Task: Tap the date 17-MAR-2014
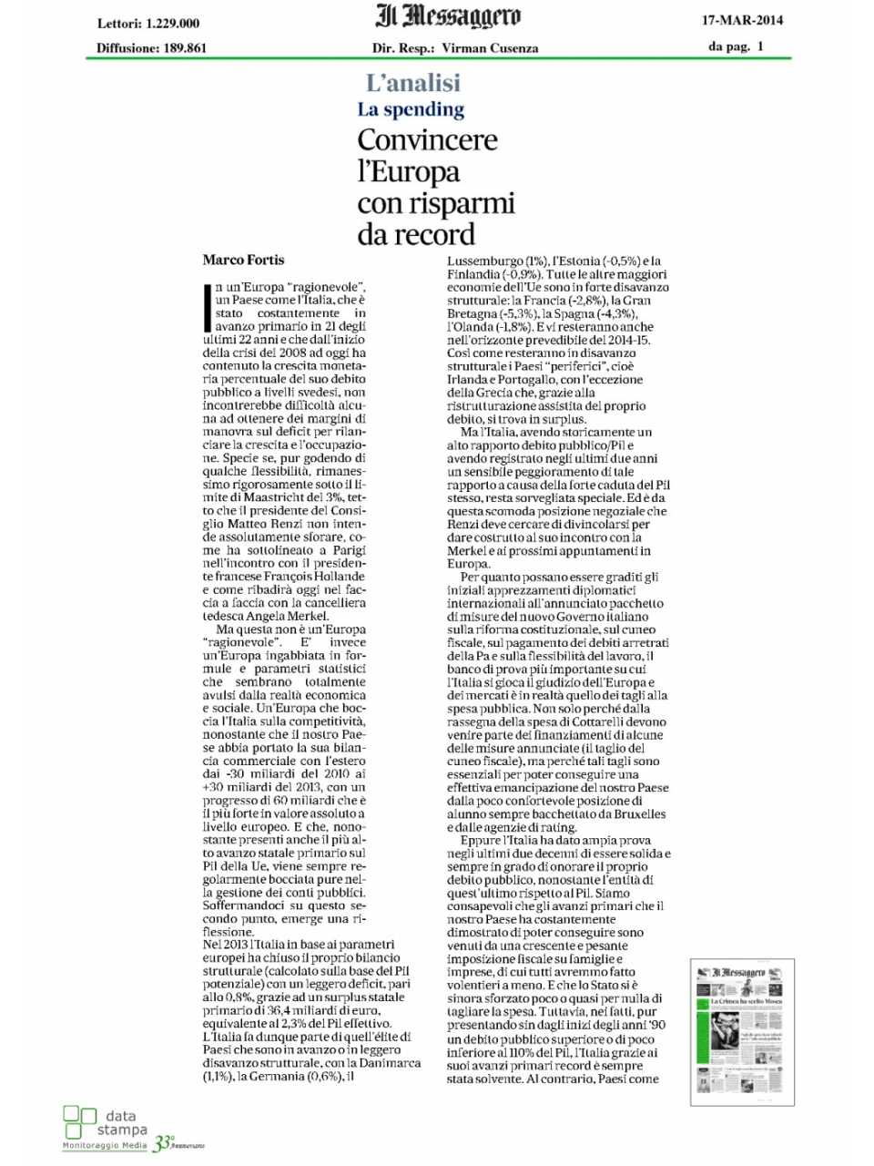point(742,20)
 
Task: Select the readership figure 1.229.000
point(172,24)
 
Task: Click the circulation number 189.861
point(185,48)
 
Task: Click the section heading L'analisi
point(412,83)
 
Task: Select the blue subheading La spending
point(411,109)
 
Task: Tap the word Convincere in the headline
point(427,140)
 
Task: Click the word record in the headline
point(437,234)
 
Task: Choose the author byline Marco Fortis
point(243,260)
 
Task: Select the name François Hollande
point(314,577)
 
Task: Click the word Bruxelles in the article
point(637,813)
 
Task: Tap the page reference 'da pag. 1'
point(736,46)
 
